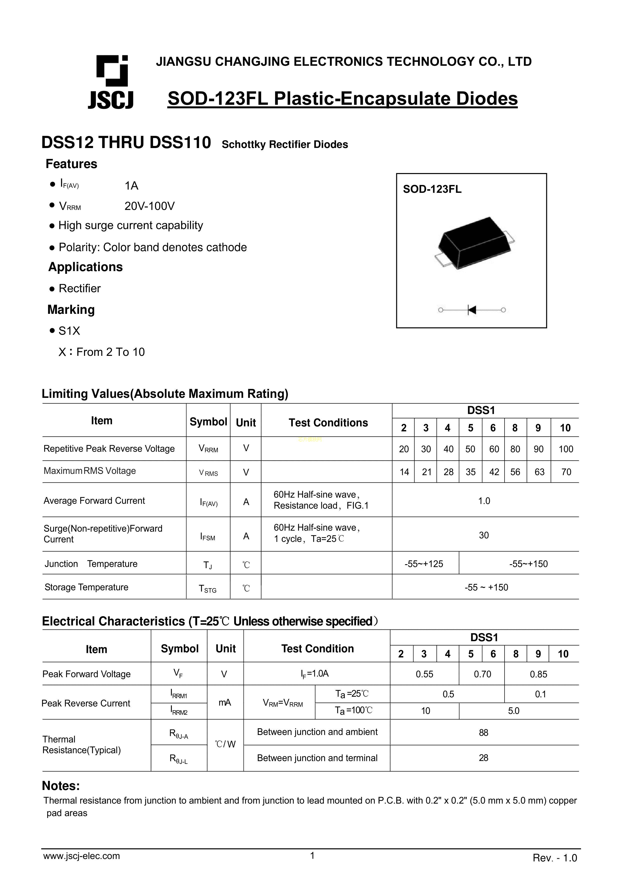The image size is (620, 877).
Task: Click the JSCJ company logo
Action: point(111,82)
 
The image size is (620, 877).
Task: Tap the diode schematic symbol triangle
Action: point(472,310)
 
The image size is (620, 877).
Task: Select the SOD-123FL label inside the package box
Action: point(432,190)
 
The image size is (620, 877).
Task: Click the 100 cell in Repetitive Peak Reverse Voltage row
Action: point(565,449)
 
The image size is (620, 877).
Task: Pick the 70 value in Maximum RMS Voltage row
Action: point(566,472)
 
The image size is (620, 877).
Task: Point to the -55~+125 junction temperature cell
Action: point(424,564)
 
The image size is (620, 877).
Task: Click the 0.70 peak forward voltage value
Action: point(482,674)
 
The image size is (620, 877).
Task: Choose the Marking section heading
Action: point(71,309)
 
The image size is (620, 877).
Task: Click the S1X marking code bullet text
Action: point(69,331)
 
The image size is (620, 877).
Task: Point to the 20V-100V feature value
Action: point(149,206)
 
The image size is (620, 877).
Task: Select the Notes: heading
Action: point(61,786)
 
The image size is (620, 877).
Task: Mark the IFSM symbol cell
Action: point(208,537)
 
